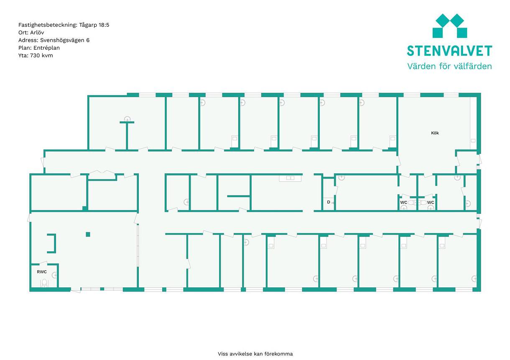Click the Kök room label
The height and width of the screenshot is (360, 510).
point(435,133)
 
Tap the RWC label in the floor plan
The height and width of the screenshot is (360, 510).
point(42,272)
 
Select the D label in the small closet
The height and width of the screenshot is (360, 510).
point(328,202)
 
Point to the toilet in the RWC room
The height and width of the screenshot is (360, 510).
point(44,283)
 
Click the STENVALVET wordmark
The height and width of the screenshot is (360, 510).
point(449,51)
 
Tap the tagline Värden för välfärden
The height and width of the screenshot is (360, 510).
point(449,66)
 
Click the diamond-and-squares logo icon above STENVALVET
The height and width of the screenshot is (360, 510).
point(450,26)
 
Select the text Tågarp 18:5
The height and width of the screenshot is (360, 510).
point(94,25)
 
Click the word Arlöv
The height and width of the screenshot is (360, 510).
point(37,33)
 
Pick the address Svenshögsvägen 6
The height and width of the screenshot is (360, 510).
point(65,40)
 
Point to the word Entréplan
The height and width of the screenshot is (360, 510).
point(46,48)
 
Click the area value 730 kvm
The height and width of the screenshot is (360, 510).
point(41,56)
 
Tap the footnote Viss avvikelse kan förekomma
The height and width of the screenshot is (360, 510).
point(255,354)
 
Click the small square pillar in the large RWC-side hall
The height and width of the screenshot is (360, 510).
point(88,234)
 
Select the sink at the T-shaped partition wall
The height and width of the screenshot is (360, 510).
point(127,119)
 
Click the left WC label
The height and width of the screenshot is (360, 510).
point(403,203)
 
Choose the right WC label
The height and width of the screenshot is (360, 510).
point(430,203)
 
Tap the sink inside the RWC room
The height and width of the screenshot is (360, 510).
point(54,275)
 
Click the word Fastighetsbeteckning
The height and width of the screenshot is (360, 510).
point(48,25)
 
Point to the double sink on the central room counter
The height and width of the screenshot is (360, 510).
point(290,178)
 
